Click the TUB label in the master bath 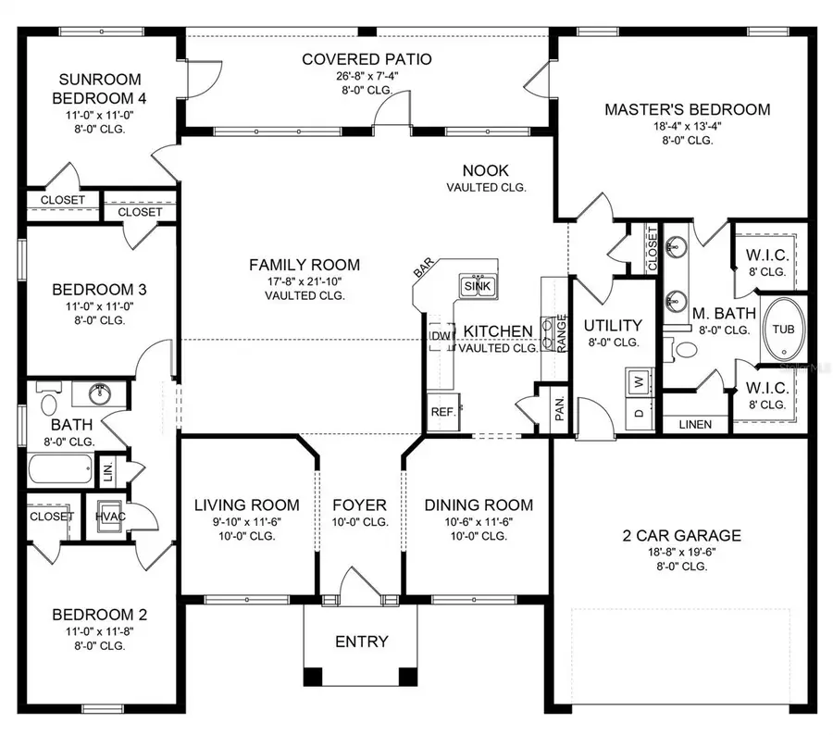(783, 330)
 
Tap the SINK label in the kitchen (478, 286)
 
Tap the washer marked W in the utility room (638, 380)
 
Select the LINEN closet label (695, 425)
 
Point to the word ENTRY (361, 642)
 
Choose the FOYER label (360, 505)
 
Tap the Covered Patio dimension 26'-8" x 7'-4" (367, 77)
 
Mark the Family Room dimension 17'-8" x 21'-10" (304, 281)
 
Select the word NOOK (486, 170)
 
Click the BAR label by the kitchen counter (422, 268)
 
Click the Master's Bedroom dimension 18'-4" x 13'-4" (687, 126)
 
